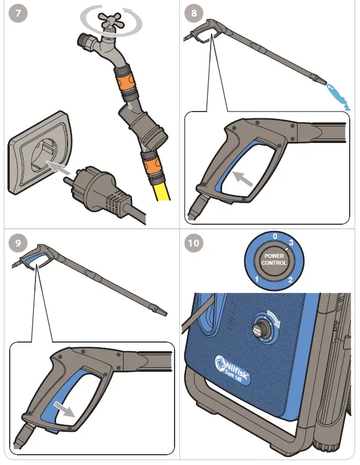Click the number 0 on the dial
[275, 236]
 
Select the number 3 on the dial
[292, 243]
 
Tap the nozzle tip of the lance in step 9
[163, 312]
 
